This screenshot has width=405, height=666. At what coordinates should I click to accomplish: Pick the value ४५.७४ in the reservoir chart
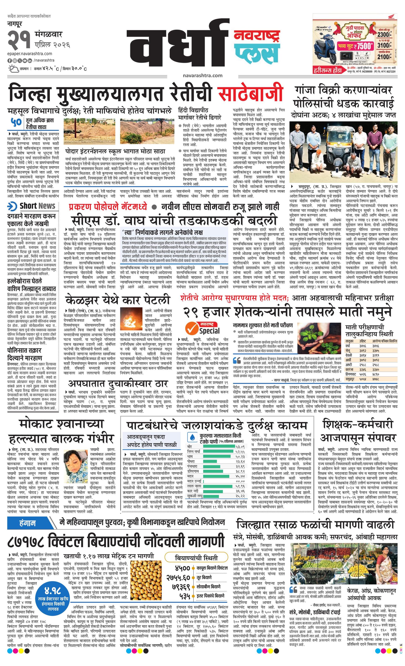(240, 476)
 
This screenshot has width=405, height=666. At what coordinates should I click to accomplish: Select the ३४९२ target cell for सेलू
(363, 351)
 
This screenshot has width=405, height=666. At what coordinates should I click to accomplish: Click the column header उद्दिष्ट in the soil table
(363, 341)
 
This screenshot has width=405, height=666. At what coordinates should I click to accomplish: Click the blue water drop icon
(192, 437)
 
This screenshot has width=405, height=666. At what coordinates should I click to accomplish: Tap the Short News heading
(37, 206)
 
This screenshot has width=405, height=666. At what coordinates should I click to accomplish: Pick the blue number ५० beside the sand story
(17, 122)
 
